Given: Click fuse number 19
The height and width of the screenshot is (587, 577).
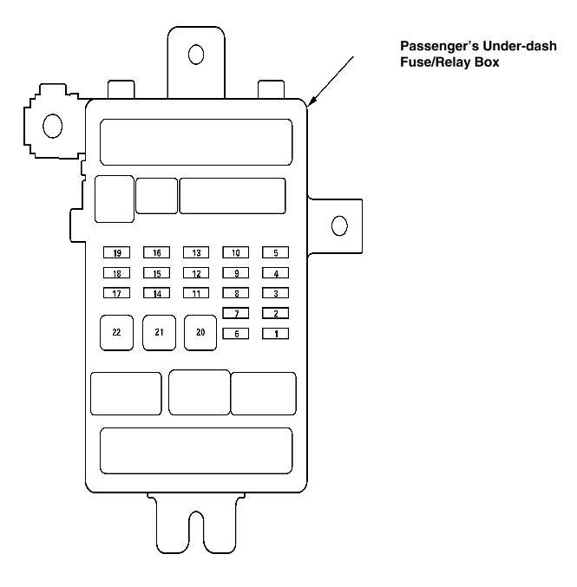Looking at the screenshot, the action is click(116, 253).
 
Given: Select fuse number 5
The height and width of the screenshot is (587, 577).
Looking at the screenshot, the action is click(275, 253).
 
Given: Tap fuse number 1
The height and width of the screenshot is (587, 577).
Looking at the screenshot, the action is click(275, 333).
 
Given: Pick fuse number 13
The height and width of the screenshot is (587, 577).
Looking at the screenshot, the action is click(196, 253).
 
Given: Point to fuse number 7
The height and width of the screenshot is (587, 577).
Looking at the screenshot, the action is click(236, 313).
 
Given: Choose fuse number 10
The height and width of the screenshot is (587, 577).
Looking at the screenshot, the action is click(236, 253).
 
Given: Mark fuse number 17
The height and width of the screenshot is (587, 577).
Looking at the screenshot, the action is click(116, 293).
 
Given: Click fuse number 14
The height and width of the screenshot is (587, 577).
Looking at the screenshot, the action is click(157, 293).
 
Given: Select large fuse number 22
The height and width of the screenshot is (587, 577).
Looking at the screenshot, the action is click(117, 332).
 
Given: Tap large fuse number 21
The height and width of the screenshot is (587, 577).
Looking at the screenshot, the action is click(159, 332).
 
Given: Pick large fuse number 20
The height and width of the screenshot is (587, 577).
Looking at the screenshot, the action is click(200, 332).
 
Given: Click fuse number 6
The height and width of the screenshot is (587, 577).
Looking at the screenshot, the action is click(236, 333).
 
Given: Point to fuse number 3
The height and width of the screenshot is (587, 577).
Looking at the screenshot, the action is click(275, 293).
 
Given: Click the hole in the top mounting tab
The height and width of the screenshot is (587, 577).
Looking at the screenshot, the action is click(196, 54).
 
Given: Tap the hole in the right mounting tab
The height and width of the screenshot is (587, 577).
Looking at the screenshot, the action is click(339, 226).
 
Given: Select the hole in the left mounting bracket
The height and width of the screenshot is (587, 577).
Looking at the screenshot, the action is click(52, 127).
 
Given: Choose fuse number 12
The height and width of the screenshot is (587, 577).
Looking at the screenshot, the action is click(196, 273).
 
